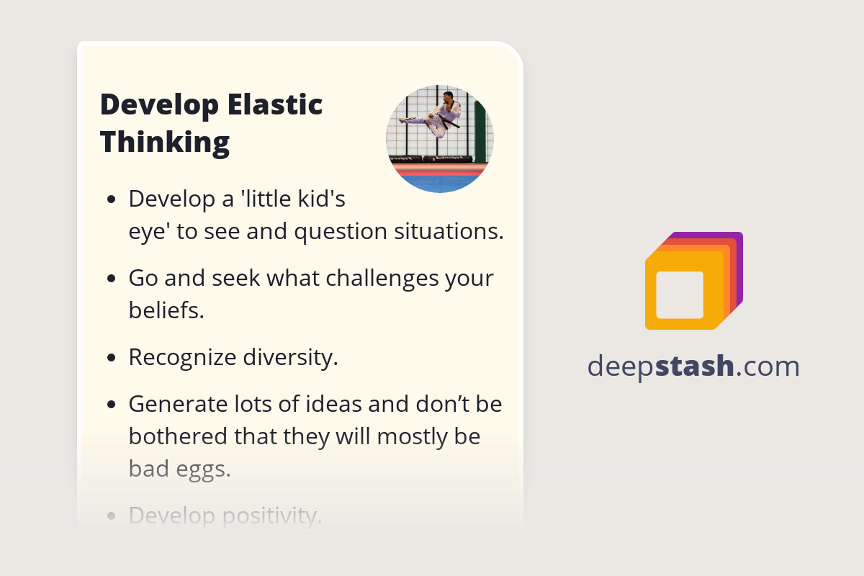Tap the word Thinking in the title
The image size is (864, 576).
165,142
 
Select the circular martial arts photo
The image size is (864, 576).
440,139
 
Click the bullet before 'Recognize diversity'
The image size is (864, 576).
111,359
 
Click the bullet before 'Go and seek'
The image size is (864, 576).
111,279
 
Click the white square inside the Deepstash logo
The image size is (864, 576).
680,294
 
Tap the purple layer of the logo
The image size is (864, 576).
738,245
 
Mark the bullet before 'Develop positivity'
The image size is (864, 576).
111,516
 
